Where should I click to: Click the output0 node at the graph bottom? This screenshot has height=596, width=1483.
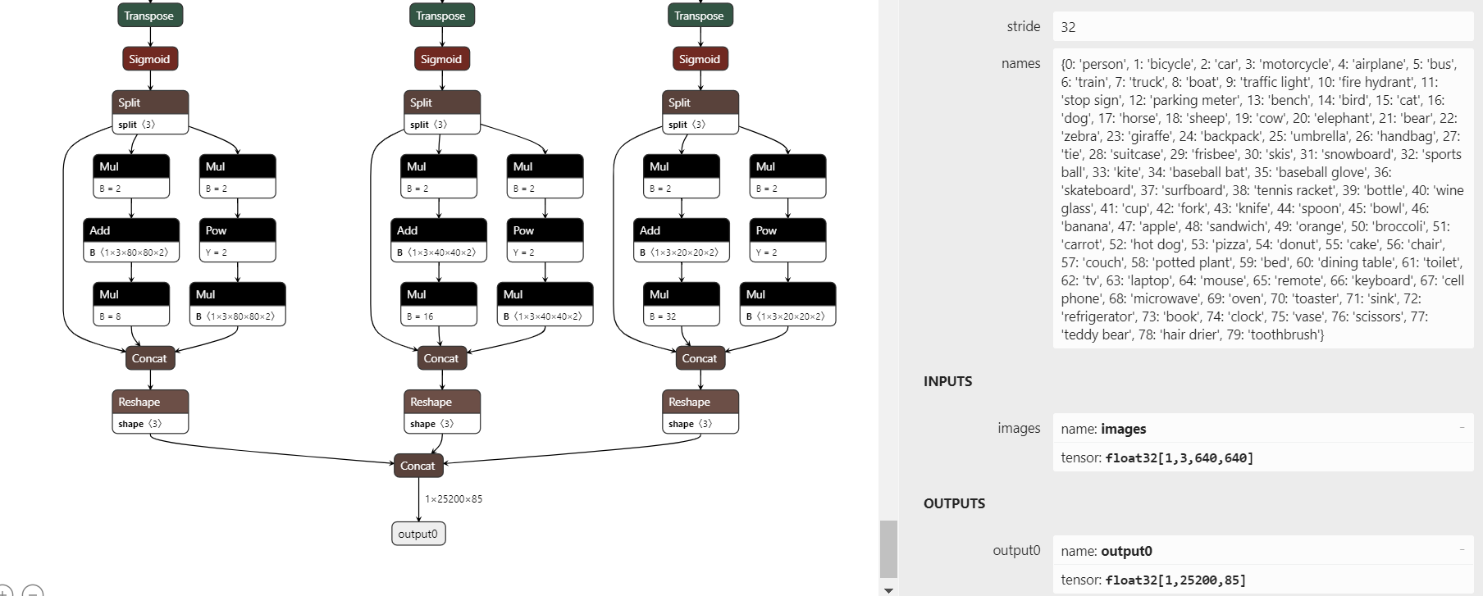pyautogui.click(x=418, y=534)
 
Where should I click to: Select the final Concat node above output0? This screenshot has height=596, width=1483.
pyautogui.click(x=418, y=466)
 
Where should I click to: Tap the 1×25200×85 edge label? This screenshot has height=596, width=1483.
pyautogui.click(x=454, y=498)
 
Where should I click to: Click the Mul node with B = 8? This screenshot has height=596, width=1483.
pyautogui.click(x=131, y=304)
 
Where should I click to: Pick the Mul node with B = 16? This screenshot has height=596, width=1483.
pyautogui.click(x=439, y=304)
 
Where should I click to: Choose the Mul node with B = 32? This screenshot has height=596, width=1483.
pyautogui.click(x=682, y=304)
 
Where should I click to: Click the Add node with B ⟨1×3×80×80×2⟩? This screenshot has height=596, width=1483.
pyautogui.click(x=131, y=240)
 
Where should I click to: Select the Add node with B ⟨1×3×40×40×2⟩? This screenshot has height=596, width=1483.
pyautogui.click(x=439, y=240)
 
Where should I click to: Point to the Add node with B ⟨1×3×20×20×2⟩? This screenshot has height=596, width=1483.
pyautogui.click(x=682, y=240)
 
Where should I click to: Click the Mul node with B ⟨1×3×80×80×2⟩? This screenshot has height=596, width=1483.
pyautogui.click(x=238, y=304)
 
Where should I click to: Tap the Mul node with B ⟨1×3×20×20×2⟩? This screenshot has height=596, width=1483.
pyautogui.click(x=787, y=304)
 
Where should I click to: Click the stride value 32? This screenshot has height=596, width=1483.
pyautogui.click(x=1068, y=27)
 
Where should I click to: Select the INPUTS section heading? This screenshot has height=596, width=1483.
pyautogui.click(x=947, y=381)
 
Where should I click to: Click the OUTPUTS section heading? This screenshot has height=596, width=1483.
pyautogui.click(x=954, y=503)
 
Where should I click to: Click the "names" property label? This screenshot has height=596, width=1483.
pyautogui.click(x=1020, y=63)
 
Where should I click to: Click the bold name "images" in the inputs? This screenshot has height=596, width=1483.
pyautogui.click(x=1123, y=429)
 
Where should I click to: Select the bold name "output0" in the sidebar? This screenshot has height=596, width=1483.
pyautogui.click(x=1126, y=551)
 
